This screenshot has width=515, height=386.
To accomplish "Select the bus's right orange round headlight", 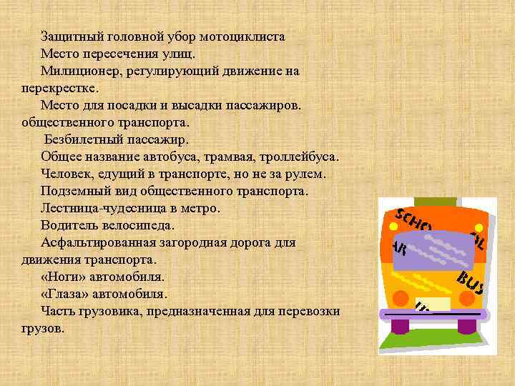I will click(467, 302).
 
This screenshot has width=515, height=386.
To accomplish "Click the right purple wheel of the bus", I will click(467, 326).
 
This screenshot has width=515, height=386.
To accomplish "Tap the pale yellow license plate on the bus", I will click(433, 304).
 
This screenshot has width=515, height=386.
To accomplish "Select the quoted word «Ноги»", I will click(65, 277).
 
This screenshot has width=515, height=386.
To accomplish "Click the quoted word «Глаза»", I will click(68, 294).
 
